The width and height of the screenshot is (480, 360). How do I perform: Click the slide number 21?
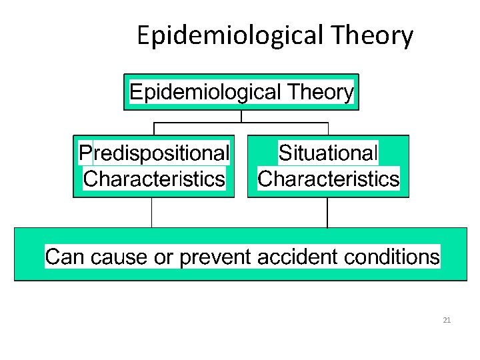click(447, 321)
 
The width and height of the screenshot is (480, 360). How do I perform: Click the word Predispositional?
click(154, 153)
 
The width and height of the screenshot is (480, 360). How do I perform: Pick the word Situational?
click(328, 153)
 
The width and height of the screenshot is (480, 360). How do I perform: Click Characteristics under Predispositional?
click(154, 179)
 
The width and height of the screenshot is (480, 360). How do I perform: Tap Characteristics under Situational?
click(328, 179)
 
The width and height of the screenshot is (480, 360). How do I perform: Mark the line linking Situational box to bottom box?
click(327, 213)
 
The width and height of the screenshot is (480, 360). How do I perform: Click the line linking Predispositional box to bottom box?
click(152, 213)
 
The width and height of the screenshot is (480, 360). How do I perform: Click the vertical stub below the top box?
click(241, 116)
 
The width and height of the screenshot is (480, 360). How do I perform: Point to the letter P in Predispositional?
click(85, 153)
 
